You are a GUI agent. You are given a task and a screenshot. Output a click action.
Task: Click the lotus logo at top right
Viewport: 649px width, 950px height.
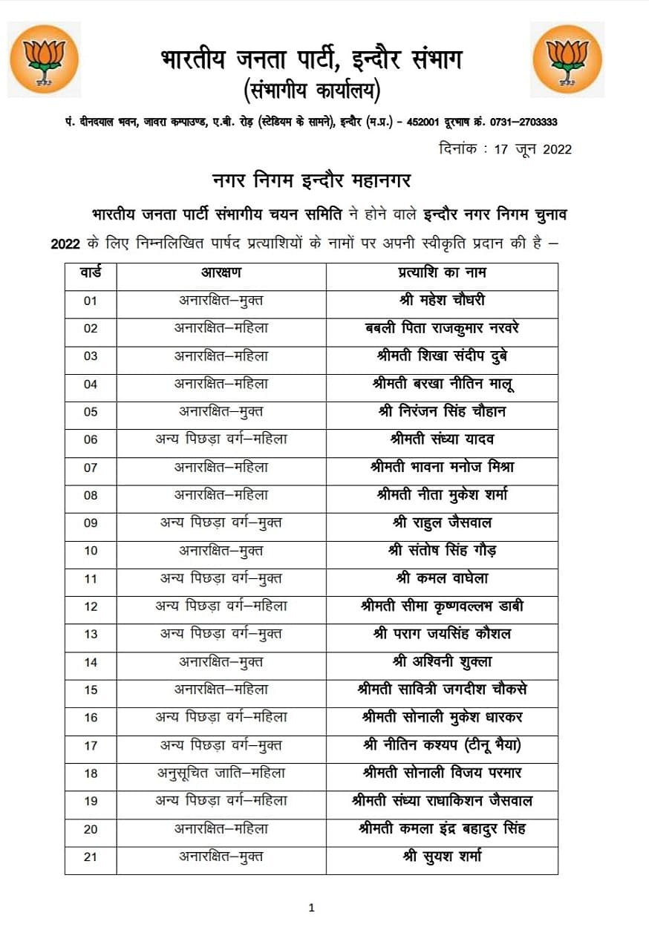[567, 59]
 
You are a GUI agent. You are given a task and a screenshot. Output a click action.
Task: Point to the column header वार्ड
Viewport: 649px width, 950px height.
[91, 273]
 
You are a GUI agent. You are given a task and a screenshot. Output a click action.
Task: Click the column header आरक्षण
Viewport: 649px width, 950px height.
[221, 273]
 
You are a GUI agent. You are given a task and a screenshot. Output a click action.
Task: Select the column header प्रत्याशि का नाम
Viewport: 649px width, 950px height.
[442, 273]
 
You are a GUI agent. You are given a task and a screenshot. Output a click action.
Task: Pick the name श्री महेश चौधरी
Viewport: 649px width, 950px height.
[442, 301]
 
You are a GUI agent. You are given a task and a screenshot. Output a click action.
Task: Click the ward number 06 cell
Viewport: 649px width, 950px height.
[91, 439]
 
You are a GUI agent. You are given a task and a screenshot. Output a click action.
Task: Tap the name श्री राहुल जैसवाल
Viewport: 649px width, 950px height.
[442, 522]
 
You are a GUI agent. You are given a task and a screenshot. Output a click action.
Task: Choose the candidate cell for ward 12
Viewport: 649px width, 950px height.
[442, 606]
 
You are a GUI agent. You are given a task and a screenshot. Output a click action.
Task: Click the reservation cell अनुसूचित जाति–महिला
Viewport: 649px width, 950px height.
[221, 773]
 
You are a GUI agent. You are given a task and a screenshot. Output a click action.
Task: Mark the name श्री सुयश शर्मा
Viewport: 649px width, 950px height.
[442, 856]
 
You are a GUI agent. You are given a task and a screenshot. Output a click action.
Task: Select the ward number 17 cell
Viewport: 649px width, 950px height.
[91, 745]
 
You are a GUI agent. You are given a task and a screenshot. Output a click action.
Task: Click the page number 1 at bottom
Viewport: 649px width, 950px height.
[312, 907]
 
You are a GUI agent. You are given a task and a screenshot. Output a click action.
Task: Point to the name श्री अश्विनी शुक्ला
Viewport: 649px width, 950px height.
[442, 661]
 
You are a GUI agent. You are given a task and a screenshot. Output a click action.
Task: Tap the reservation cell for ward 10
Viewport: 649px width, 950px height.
[221, 551]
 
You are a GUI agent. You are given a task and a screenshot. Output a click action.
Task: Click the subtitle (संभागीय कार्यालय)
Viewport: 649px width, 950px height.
[312, 91]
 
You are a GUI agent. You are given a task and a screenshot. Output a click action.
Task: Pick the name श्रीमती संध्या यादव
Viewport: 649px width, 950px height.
[442, 439]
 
